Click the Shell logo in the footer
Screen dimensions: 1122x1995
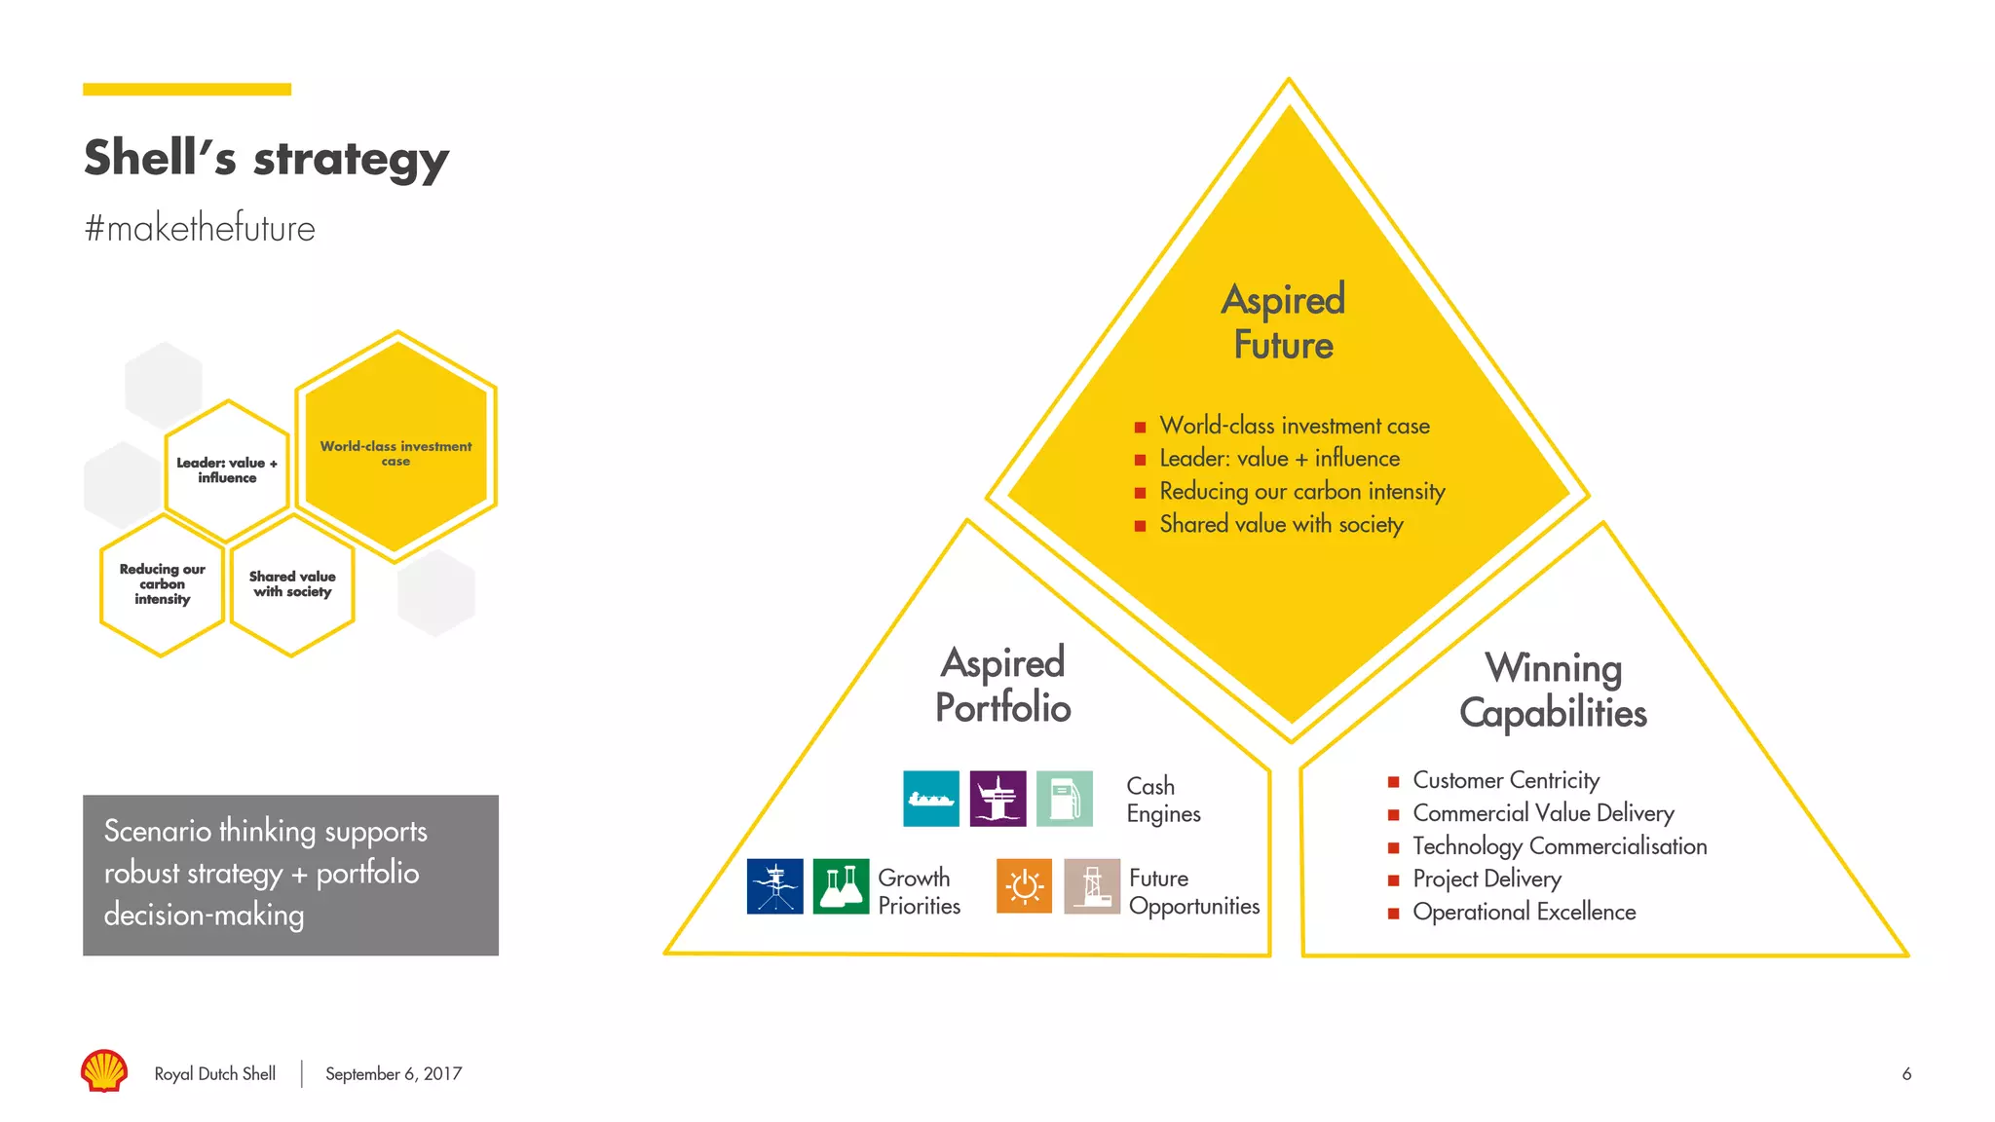click(104, 1070)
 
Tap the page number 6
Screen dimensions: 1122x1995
click(1906, 1073)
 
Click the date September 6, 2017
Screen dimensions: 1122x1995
click(394, 1073)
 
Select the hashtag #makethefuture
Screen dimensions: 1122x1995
click(200, 228)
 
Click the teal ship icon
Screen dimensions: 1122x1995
click(930, 799)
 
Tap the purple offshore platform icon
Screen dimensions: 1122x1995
click(997, 799)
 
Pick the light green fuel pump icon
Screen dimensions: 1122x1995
click(1064, 799)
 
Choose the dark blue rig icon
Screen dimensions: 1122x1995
click(774, 886)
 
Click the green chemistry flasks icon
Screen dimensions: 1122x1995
click(841, 886)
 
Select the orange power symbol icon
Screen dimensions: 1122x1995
click(1024, 886)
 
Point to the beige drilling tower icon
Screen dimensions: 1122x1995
click(1091, 886)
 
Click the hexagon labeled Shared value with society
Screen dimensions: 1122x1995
click(292, 584)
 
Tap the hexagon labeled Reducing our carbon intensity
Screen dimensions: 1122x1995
click(163, 584)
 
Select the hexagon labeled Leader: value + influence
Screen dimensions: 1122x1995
click(227, 470)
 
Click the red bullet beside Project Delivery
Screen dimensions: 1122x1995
click(1393, 880)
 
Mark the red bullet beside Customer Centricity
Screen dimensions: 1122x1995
click(1393, 781)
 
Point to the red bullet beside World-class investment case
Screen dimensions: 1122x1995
click(1140, 427)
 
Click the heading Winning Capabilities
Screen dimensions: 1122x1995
click(1553, 691)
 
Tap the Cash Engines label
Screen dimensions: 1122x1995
click(1163, 800)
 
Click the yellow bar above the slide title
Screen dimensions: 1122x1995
click(187, 90)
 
